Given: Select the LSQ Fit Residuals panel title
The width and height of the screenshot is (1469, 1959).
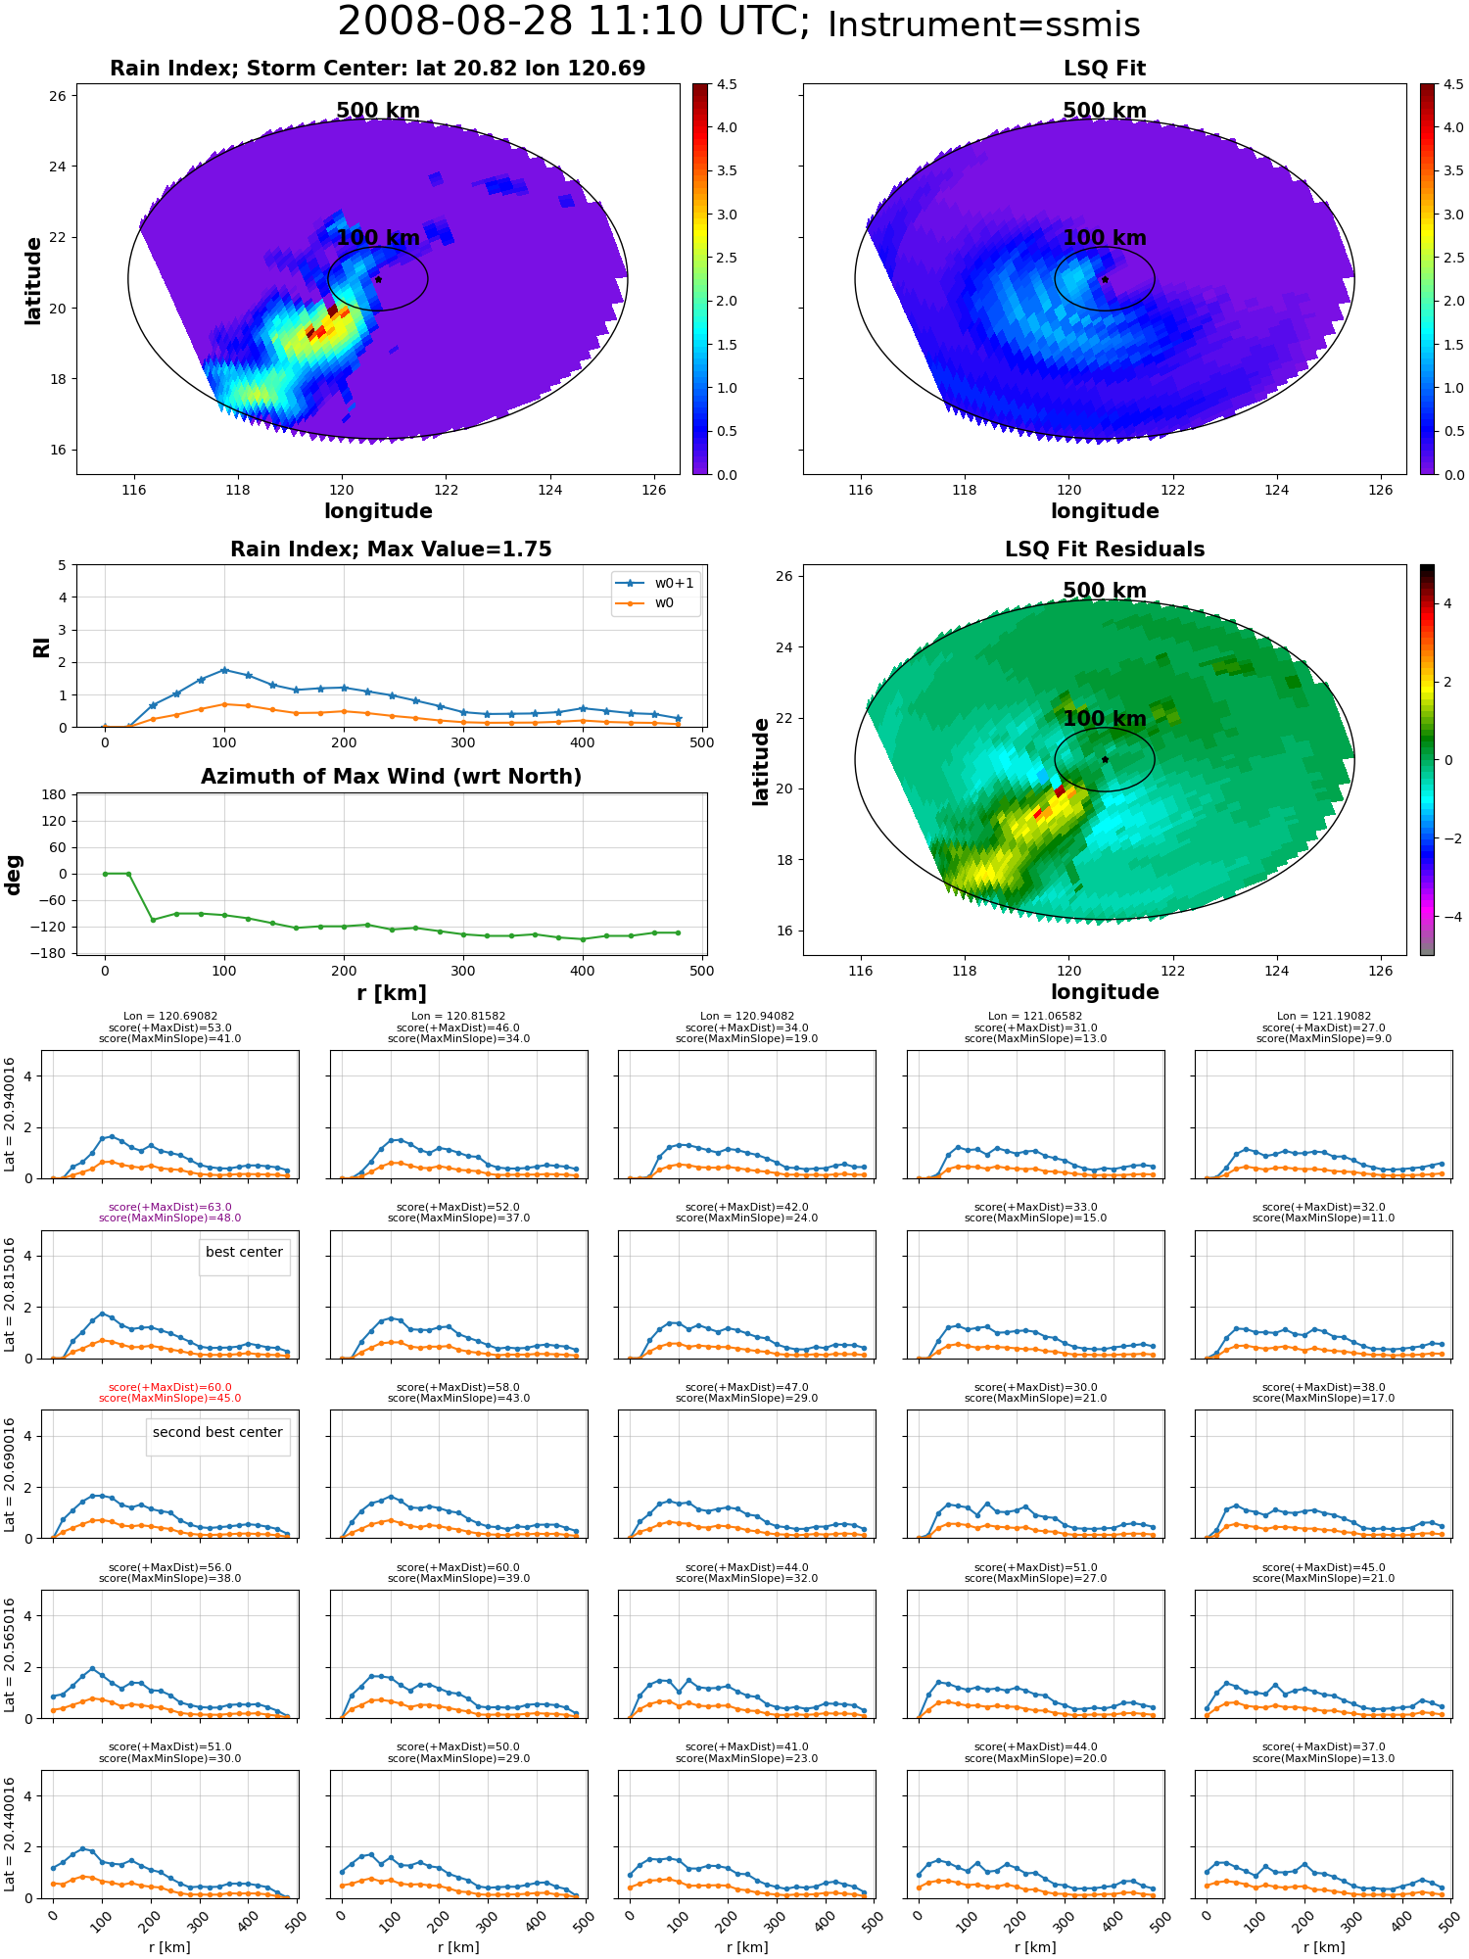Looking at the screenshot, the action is (x=1105, y=549).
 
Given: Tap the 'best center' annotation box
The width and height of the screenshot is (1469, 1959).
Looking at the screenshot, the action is (x=244, y=1253).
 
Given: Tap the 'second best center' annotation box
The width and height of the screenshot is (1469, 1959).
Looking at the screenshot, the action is (x=217, y=1433).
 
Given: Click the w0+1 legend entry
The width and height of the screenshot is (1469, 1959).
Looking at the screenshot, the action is (x=654, y=583).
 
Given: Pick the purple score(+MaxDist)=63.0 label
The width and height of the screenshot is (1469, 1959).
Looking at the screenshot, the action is (x=170, y=1207).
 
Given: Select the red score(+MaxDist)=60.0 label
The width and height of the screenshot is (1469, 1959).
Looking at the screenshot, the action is (x=170, y=1387).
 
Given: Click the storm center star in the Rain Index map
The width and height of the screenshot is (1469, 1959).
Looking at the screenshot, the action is (x=378, y=279).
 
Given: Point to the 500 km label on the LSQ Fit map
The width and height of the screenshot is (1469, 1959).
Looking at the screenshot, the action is (x=1105, y=111).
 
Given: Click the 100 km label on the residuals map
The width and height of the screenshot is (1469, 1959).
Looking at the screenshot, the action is (x=1105, y=719).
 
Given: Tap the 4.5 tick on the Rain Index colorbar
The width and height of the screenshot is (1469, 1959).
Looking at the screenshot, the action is (x=727, y=84).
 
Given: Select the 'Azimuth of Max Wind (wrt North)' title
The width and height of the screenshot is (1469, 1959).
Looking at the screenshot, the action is (x=392, y=777).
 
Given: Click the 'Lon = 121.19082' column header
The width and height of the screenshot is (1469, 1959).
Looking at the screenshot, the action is (x=1324, y=1017).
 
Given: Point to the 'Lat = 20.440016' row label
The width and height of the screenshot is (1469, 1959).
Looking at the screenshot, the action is (x=10, y=1835).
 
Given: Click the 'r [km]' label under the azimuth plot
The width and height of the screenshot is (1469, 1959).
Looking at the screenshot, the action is (x=392, y=993).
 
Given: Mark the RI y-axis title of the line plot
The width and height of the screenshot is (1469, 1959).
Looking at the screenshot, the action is (x=42, y=646).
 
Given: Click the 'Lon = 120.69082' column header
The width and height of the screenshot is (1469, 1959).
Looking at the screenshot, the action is (x=170, y=1017).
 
